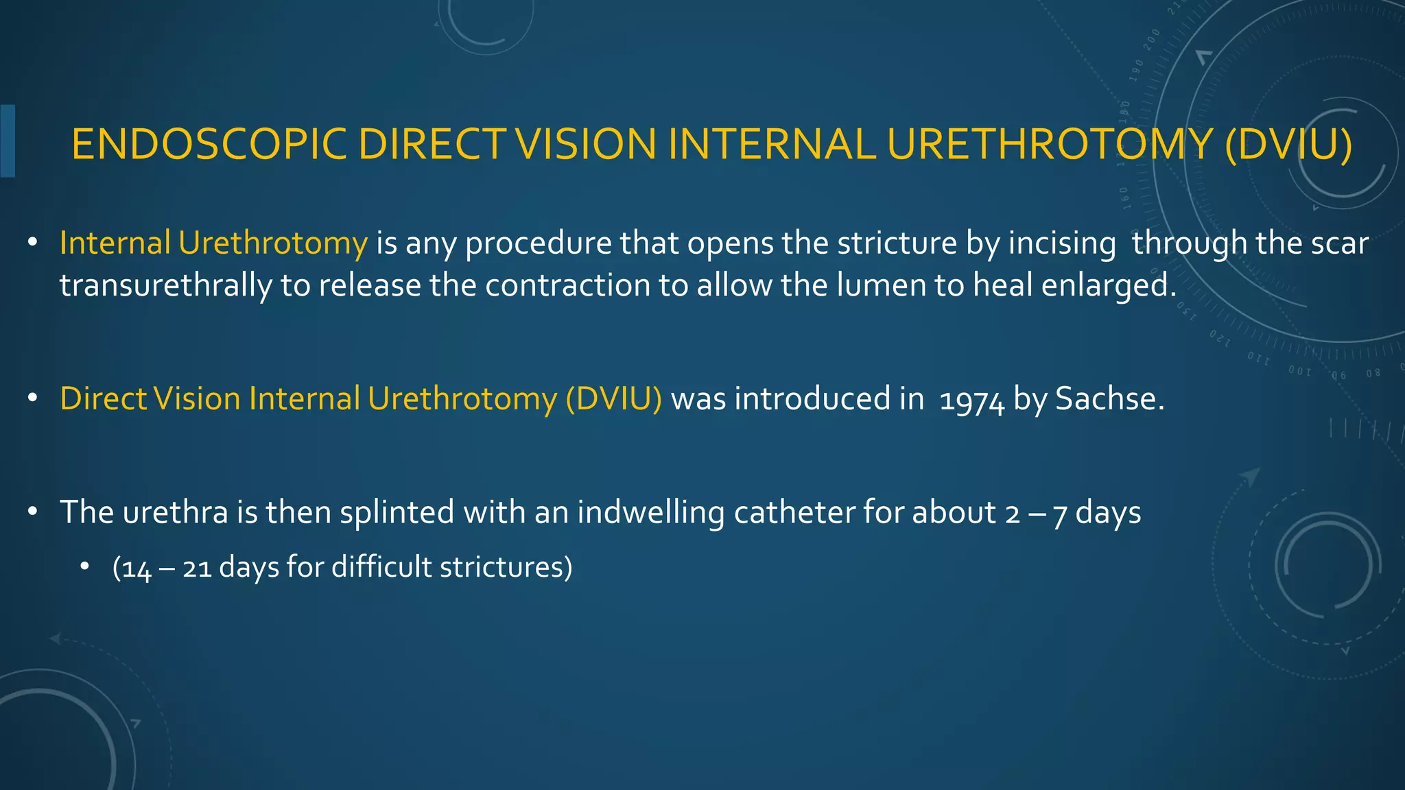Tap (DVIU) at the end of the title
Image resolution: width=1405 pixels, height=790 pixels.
(1288, 145)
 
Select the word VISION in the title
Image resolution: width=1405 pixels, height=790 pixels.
(587, 145)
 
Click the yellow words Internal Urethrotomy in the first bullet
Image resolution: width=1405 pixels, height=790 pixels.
(213, 243)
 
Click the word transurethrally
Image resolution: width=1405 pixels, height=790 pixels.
(165, 285)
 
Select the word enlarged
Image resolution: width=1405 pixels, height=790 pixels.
(1109, 285)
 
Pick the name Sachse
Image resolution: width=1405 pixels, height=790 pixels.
(1109, 399)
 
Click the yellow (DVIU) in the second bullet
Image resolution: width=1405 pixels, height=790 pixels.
(614, 399)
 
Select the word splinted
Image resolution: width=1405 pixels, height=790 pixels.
(397, 513)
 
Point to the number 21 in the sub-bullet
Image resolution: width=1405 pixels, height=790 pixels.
(197, 568)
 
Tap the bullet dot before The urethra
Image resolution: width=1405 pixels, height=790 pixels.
(32, 512)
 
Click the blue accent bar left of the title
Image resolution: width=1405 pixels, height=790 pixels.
(8, 141)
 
